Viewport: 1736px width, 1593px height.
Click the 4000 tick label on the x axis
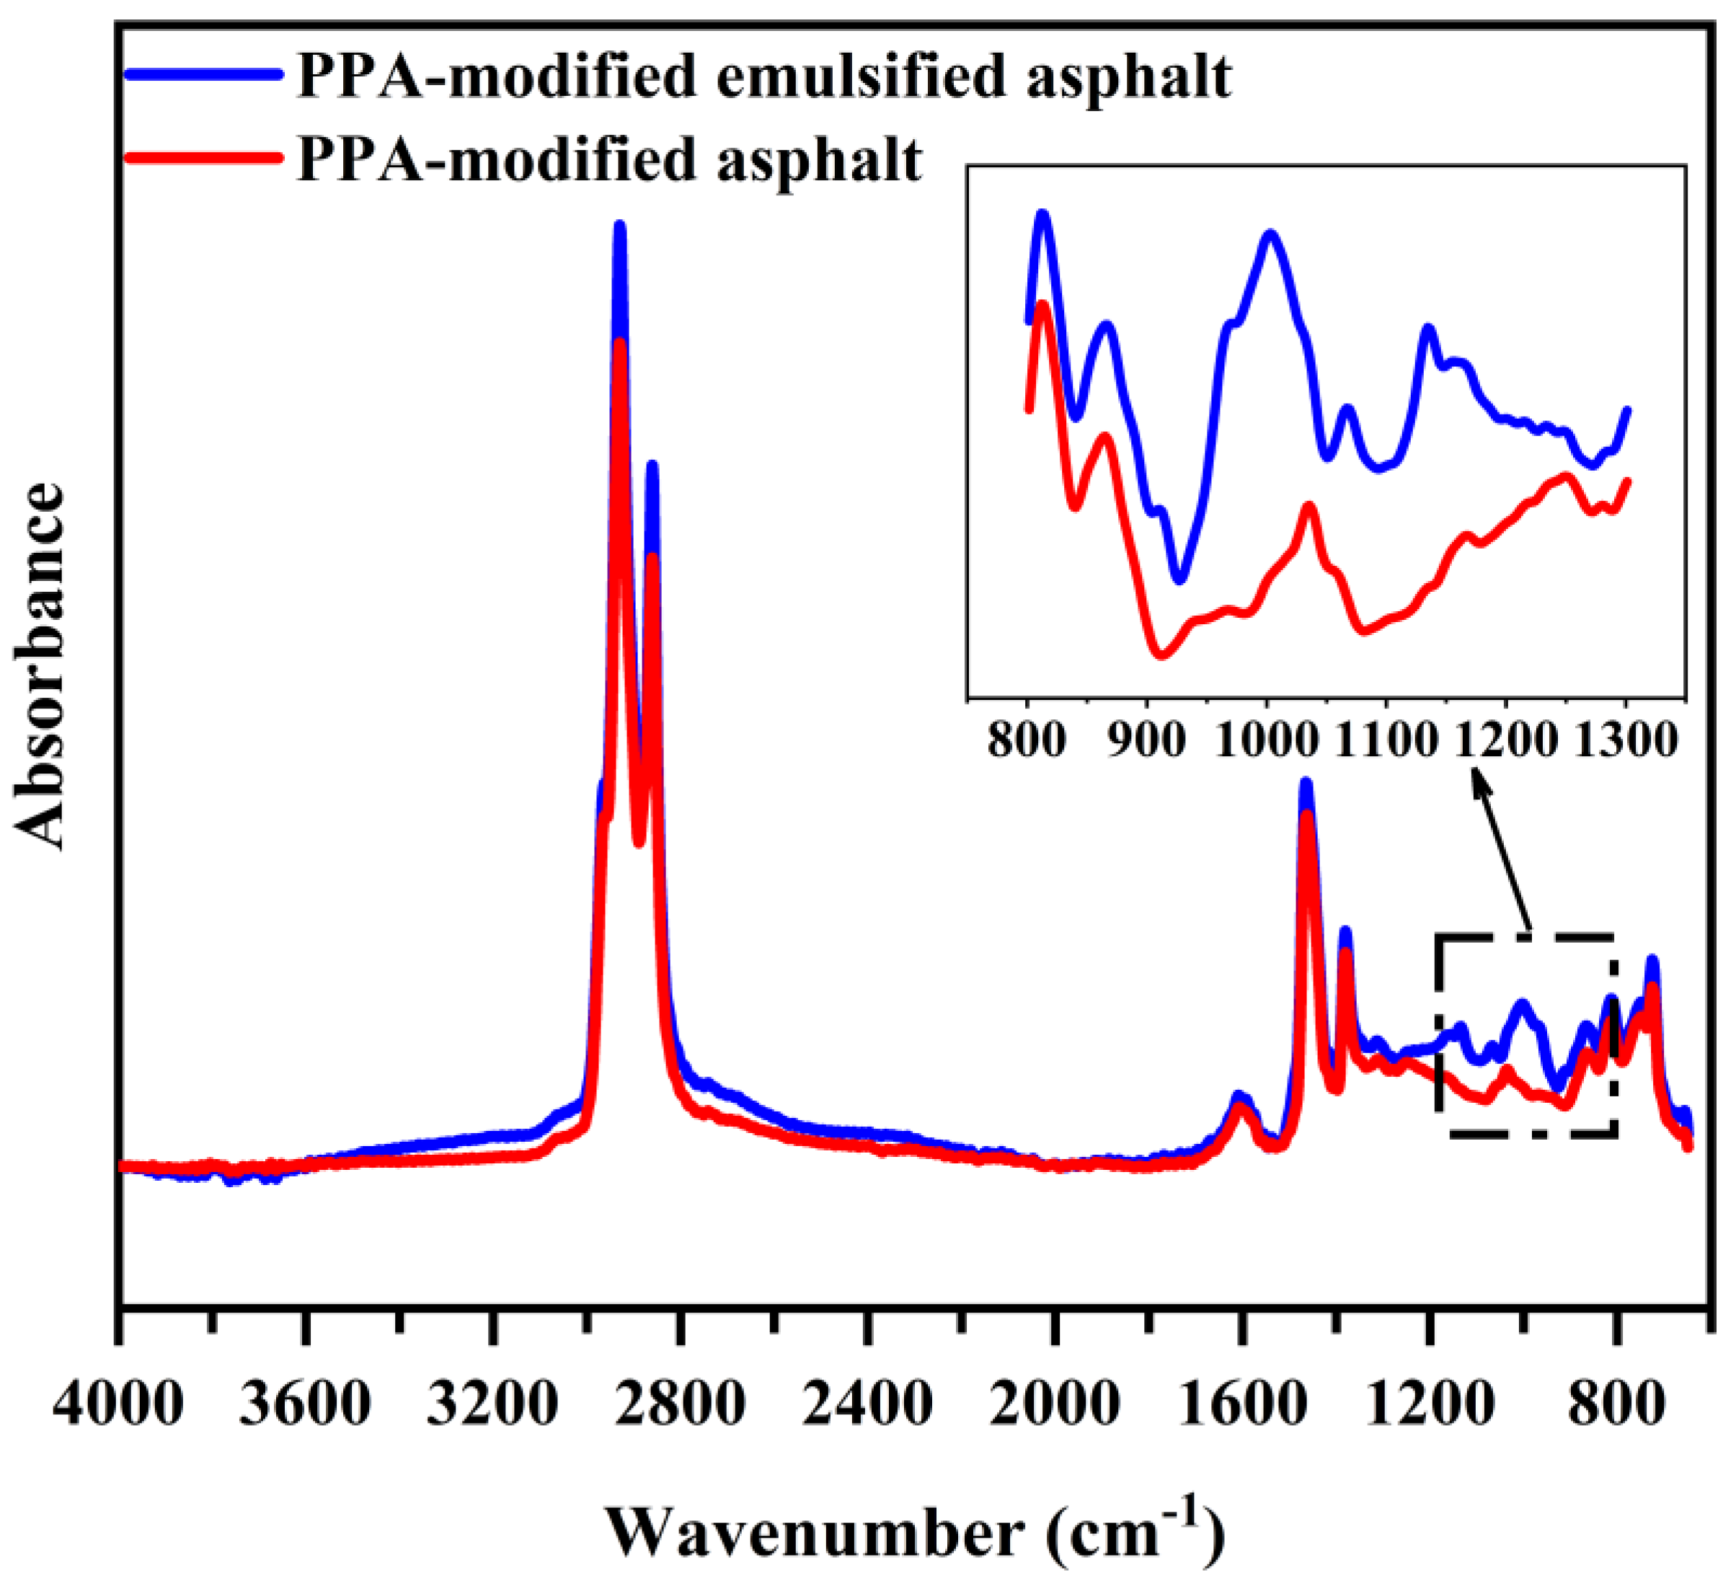118,1406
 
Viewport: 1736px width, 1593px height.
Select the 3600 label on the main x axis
305,1406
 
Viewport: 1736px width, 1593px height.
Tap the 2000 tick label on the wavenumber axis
1054,1406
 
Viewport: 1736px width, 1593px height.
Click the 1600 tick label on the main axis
1242,1406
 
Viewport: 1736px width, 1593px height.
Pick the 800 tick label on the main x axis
1616,1406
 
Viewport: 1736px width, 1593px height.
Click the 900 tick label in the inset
1146,740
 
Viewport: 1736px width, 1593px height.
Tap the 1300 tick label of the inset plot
1626,740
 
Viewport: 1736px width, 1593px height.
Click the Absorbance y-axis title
40,665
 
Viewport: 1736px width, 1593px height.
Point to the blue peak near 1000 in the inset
1270,234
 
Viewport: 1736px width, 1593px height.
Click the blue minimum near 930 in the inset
1180,577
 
